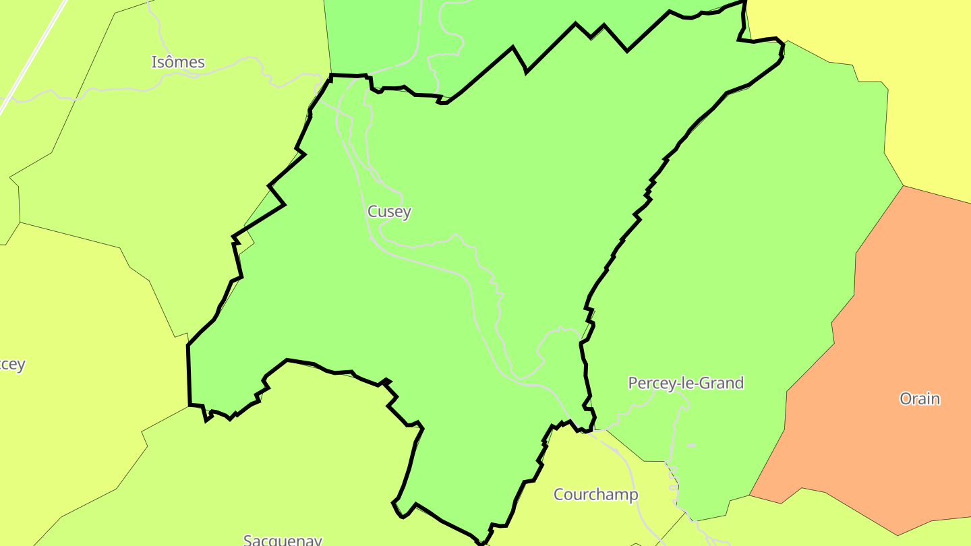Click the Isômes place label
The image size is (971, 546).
178,62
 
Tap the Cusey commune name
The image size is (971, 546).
389,212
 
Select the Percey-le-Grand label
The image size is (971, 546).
686,383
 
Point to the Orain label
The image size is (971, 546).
920,398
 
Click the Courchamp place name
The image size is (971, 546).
595,495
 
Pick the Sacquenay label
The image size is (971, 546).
283,540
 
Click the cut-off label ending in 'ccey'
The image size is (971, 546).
12,365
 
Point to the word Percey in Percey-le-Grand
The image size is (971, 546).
650,383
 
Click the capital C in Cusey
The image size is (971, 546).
372,212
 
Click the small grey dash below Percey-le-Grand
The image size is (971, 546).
691,446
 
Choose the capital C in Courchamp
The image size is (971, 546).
559,495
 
